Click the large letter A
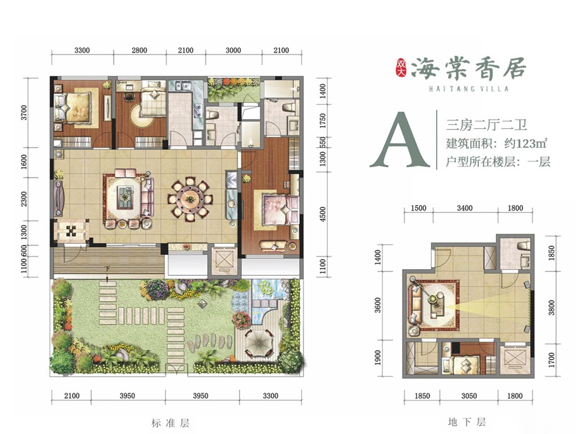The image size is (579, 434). pyautogui.click(x=400, y=140)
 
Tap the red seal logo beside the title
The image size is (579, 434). pyautogui.click(x=400, y=68)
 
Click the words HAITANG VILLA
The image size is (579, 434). pyautogui.click(x=468, y=89)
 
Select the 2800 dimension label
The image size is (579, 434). pyautogui.click(x=139, y=50)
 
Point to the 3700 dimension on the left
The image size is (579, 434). pyautogui.click(x=24, y=113)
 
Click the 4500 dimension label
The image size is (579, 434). pyautogui.click(x=323, y=215)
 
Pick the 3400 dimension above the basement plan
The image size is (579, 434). pyautogui.click(x=464, y=208)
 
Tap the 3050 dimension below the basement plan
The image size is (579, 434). pyautogui.click(x=469, y=396)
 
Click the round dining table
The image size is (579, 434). pyautogui.click(x=190, y=199)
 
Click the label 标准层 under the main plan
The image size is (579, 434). pyautogui.click(x=170, y=422)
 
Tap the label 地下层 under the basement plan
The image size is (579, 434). pyautogui.click(x=467, y=421)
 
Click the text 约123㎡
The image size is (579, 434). pyautogui.click(x=526, y=143)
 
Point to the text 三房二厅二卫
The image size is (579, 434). pyautogui.click(x=487, y=125)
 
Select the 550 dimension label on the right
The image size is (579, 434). pyautogui.click(x=323, y=142)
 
